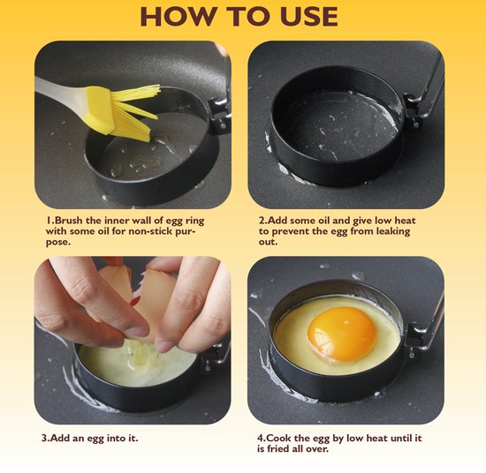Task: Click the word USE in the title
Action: point(309,16)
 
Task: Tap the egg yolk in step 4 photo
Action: point(342,334)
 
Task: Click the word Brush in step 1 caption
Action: point(69,221)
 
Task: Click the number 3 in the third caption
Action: point(44,439)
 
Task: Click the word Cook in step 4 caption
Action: point(279,438)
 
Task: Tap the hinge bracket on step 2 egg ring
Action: point(414,109)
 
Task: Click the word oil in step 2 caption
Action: point(324,221)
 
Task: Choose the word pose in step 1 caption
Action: point(57,243)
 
